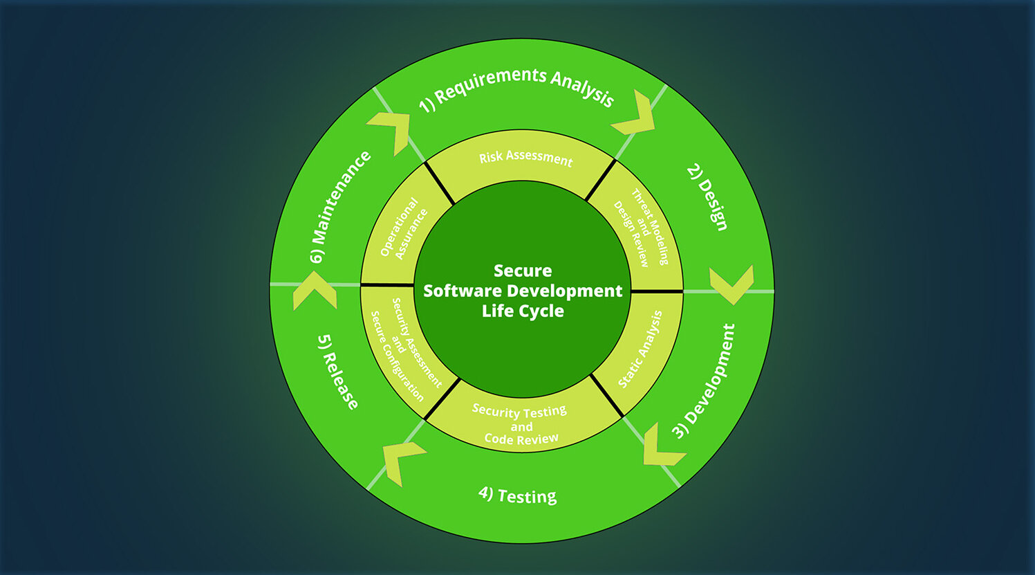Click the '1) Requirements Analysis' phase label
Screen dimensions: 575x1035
[x=516, y=89]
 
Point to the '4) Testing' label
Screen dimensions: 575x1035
[x=517, y=495]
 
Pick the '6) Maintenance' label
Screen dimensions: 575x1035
[x=340, y=206]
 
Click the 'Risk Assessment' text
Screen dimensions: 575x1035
[x=525, y=158]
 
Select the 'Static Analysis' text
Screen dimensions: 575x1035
[x=640, y=349]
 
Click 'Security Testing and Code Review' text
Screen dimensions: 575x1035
[x=521, y=425]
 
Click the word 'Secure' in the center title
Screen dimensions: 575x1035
[x=523, y=271]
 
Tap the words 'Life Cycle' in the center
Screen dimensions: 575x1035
[x=523, y=311]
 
